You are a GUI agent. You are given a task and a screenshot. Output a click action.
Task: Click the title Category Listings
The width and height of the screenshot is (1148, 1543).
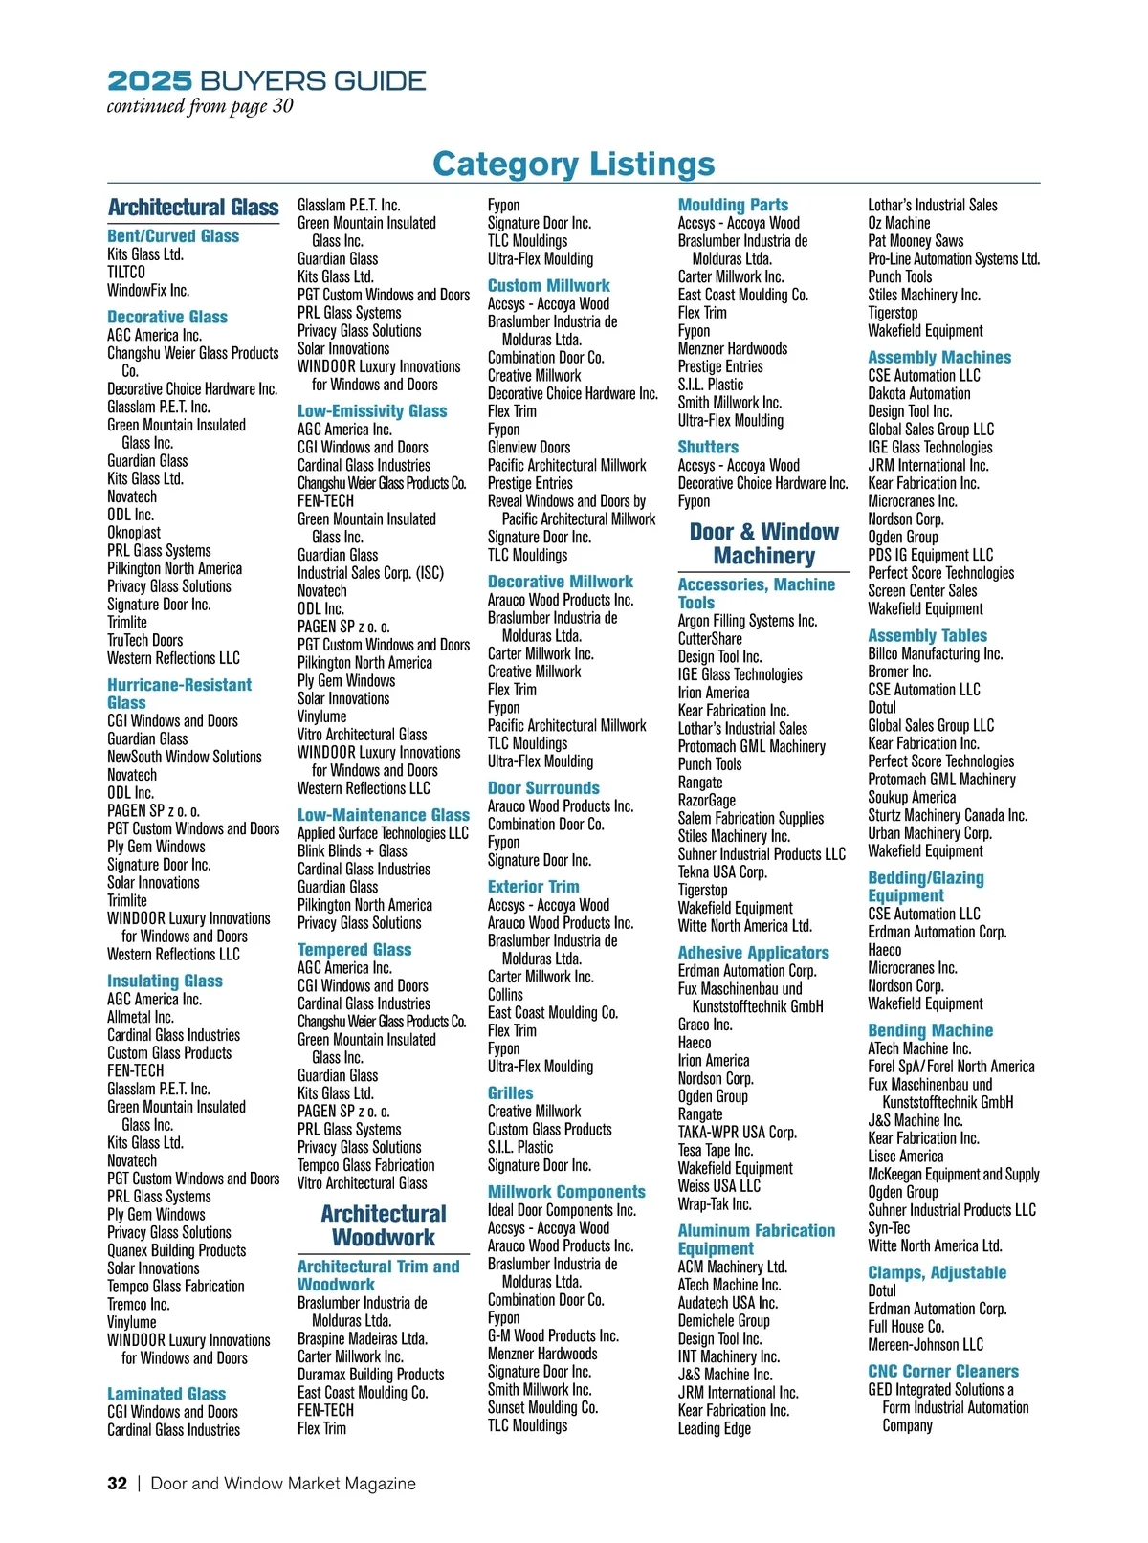click(x=573, y=164)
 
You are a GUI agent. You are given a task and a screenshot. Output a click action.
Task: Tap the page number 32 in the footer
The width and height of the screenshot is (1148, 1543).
click(x=117, y=1484)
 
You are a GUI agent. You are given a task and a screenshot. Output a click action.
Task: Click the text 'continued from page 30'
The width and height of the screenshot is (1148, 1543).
click(x=200, y=106)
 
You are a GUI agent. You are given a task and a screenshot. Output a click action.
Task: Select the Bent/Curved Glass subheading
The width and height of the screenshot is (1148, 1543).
click(x=173, y=236)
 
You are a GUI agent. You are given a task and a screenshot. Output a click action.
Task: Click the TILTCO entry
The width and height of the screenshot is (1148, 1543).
click(x=126, y=273)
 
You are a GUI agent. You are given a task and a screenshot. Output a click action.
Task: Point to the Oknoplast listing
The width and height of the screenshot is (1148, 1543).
click(x=134, y=533)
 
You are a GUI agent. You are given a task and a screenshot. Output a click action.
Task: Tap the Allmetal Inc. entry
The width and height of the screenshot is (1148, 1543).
click(x=141, y=1017)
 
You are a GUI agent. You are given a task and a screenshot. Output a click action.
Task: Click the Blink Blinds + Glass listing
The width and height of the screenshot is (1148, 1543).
click(x=352, y=851)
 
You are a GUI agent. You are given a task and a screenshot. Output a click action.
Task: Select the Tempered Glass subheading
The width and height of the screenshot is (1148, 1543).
click(x=354, y=950)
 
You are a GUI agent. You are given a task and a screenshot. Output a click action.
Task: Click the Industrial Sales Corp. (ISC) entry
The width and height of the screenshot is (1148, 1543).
click(x=370, y=573)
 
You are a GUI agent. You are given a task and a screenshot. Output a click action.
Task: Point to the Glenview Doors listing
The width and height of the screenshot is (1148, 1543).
click(x=529, y=448)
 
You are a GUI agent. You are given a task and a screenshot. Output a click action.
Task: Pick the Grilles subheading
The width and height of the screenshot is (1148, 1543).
click(x=511, y=1093)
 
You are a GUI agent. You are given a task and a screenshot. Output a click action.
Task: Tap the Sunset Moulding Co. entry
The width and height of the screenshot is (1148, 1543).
click(x=542, y=1407)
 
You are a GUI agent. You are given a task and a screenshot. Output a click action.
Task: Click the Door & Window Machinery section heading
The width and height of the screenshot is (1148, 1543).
click(x=763, y=543)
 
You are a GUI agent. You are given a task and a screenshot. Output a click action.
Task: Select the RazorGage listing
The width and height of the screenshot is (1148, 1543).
click(x=707, y=801)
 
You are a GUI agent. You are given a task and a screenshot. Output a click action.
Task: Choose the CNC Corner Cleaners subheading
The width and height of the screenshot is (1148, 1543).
click(x=943, y=1372)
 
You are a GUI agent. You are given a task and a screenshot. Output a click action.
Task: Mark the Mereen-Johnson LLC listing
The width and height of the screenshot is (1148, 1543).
click(x=925, y=1345)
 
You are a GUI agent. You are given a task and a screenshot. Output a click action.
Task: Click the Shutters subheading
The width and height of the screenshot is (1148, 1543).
click(x=708, y=448)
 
